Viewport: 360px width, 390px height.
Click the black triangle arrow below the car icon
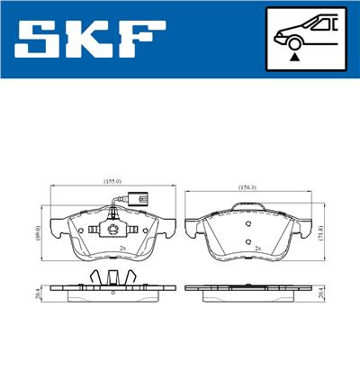coord(294,56)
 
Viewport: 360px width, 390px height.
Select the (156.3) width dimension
coord(247,187)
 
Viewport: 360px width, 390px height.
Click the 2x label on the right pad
coord(257,246)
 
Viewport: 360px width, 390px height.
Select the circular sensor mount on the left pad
coord(111,216)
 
